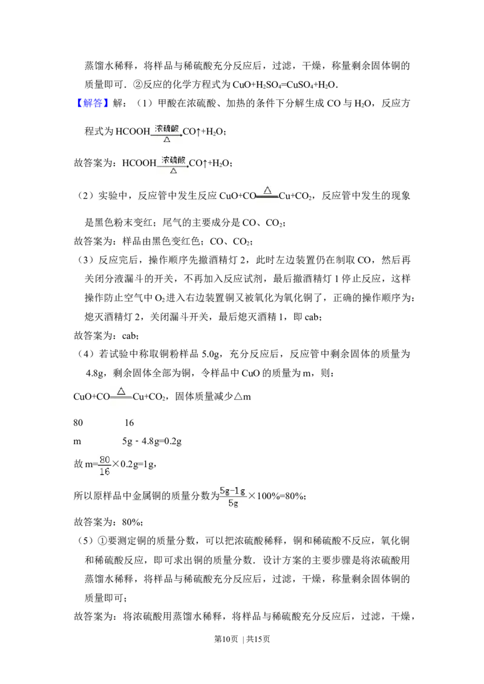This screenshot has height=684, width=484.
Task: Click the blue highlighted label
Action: coord(94,103)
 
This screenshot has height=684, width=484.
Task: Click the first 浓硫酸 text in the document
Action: coord(166,128)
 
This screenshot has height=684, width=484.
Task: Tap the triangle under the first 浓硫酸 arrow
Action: coord(167,140)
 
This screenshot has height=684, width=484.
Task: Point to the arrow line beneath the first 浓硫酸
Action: coord(166,135)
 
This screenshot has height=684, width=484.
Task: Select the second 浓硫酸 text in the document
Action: coord(174,160)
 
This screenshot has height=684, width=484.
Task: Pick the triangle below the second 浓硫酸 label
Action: coord(174,171)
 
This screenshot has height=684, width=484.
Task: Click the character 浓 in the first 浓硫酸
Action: coord(159,128)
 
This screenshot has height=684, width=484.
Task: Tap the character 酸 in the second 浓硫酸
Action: coord(181,160)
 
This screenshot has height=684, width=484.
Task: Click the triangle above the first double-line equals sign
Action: coord(267,190)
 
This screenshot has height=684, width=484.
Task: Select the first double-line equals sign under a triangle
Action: coord(267,197)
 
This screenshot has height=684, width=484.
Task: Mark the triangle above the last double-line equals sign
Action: coord(121,390)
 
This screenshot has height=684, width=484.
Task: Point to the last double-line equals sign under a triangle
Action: coord(121,398)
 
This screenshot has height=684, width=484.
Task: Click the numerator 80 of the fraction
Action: coord(105,459)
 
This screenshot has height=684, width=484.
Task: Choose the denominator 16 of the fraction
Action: coord(105,472)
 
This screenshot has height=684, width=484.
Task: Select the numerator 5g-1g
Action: coord(232,491)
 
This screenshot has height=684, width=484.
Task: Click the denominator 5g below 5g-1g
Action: coord(233,503)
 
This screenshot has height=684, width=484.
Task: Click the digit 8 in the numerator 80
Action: coord(102,459)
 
